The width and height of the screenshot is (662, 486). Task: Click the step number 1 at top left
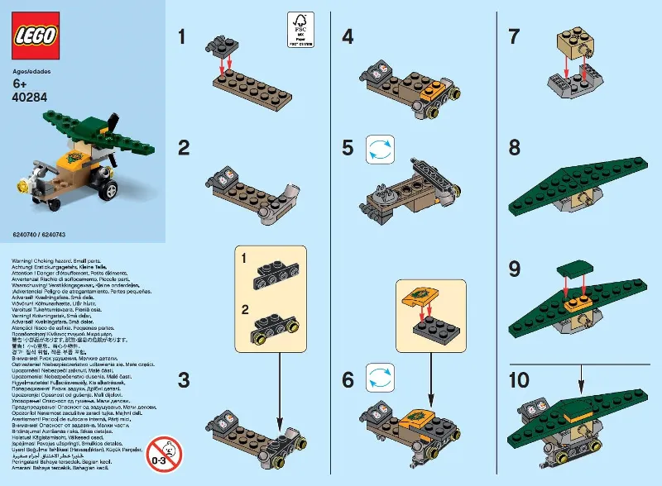(184, 36)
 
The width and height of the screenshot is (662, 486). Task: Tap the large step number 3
(184, 380)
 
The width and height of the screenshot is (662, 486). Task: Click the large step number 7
(514, 36)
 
